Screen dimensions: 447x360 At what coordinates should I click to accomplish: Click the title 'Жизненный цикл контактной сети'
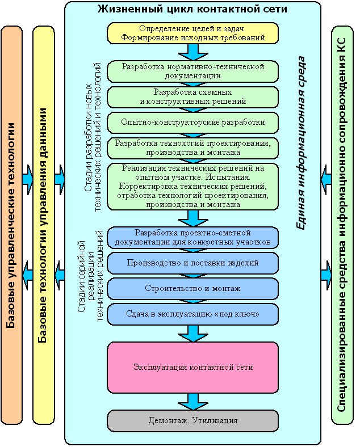point(193,10)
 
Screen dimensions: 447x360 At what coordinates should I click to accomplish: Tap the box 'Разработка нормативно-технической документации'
point(193,71)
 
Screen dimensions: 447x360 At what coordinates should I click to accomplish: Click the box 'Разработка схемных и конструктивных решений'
point(193,96)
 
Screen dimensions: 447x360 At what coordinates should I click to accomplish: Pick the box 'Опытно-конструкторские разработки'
point(193,122)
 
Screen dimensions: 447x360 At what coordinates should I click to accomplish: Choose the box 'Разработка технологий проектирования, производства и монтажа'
point(193,147)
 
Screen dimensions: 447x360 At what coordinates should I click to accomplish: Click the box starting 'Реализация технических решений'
point(193,186)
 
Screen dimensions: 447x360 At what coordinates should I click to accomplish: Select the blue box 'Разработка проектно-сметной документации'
point(193,238)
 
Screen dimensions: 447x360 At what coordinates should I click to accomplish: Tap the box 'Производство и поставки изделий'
point(193,263)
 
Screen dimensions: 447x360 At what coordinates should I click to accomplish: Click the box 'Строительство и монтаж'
point(193,288)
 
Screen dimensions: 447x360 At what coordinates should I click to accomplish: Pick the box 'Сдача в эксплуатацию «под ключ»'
point(193,314)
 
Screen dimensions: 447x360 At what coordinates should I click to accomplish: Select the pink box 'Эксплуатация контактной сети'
point(193,367)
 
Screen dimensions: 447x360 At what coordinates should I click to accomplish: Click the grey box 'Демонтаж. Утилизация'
point(193,421)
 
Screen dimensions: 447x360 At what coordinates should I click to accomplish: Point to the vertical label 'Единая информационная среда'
point(303,142)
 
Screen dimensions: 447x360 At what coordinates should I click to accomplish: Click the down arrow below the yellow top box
point(193,52)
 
